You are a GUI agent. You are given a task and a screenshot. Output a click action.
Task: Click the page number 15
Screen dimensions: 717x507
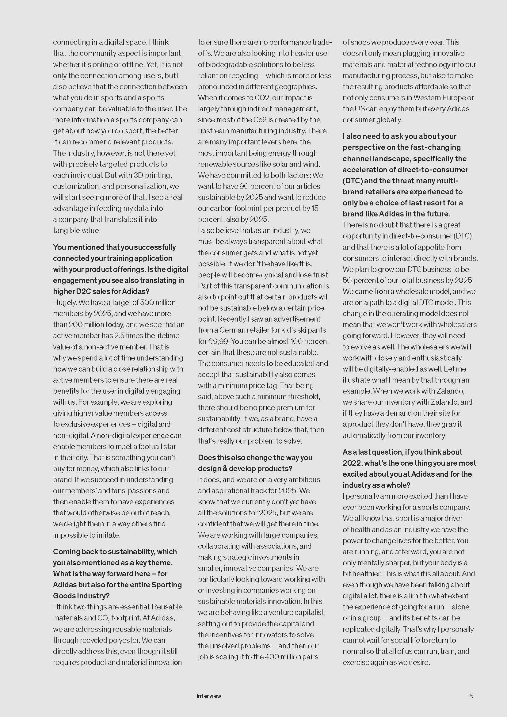(x=470, y=696)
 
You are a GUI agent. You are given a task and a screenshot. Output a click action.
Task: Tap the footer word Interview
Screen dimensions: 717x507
(x=209, y=696)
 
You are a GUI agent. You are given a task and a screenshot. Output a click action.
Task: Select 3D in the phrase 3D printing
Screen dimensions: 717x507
(x=138, y=175)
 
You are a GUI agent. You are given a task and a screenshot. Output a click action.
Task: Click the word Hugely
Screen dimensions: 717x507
(x=64, y=302)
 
